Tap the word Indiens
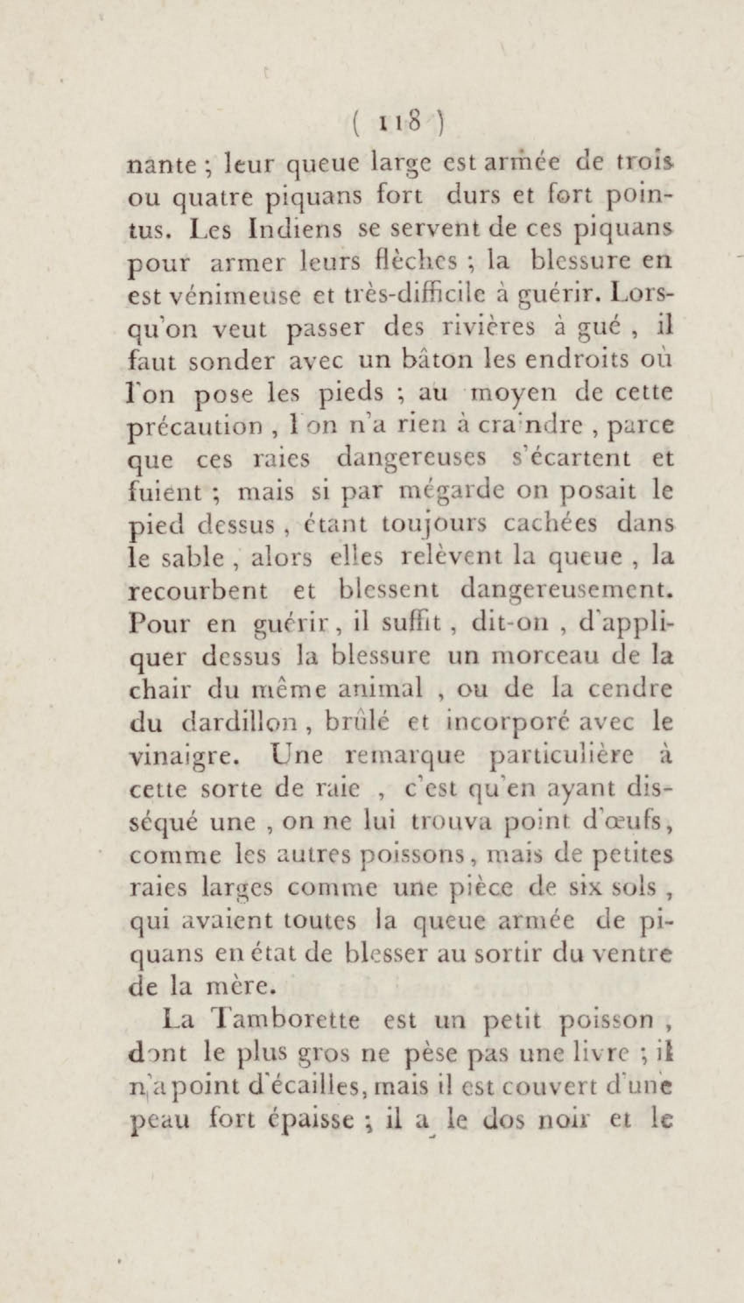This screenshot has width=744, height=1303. (295, 229)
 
